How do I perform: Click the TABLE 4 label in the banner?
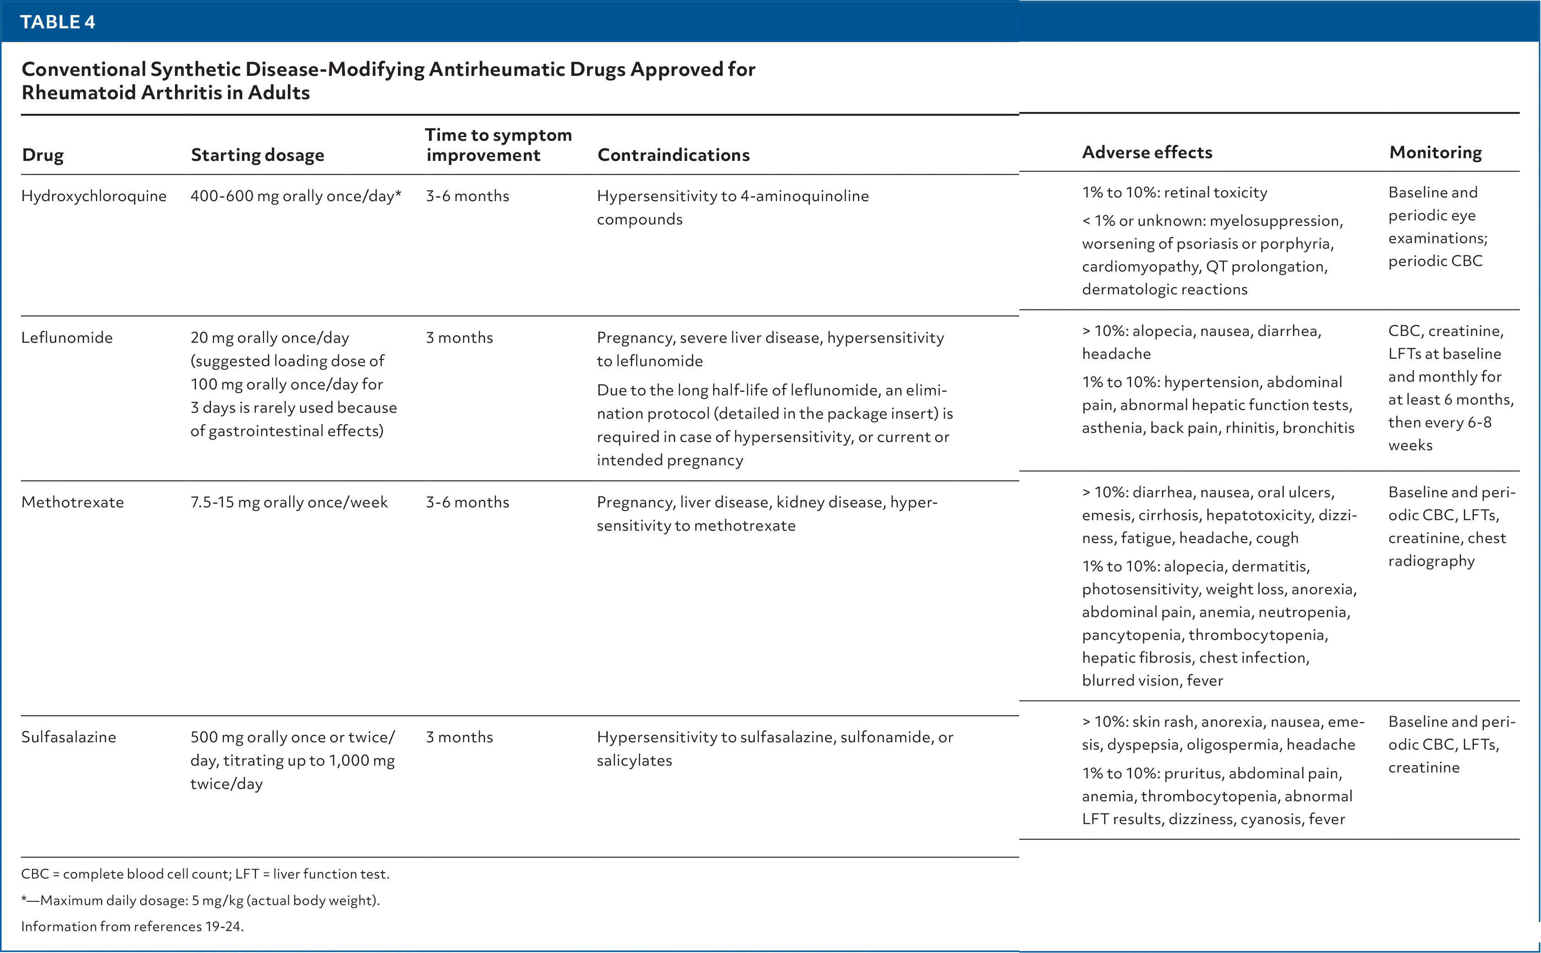coord(57,22)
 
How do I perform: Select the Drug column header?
coord(43,155)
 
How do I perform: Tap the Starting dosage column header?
coord(257,155)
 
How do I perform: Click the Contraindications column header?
coord(673,155)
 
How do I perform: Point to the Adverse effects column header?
coord(1147,153)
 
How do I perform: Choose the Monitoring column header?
coord(1435,153)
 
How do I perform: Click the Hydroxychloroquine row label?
coord(94,196)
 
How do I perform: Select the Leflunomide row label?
coord(67,338)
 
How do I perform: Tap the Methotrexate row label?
coord(73,502)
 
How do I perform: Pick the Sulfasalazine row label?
coord(69,737)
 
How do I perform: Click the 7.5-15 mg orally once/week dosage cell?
coord(289,502)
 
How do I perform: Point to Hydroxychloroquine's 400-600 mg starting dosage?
coord(295,196)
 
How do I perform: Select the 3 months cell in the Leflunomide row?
coord(459,338)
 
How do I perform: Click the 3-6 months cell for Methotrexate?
coord(467,502)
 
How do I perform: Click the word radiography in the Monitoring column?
coord(1431,561)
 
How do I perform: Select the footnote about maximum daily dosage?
coord(201,900)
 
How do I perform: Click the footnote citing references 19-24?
coord(132,926)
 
